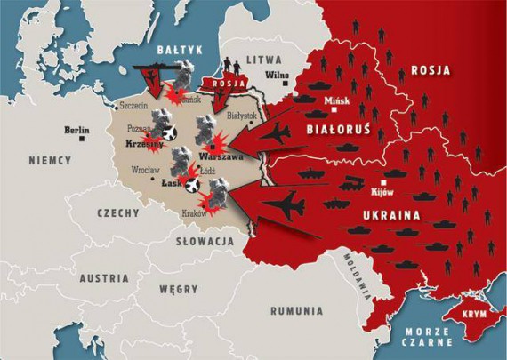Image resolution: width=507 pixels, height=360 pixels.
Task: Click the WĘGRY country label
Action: coord(179,289)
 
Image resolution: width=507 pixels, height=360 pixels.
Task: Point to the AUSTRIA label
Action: coord(102,277)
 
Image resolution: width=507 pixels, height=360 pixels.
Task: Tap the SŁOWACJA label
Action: coord(205,241)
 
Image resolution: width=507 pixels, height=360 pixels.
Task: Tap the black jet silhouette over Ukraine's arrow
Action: coord(284,205)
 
